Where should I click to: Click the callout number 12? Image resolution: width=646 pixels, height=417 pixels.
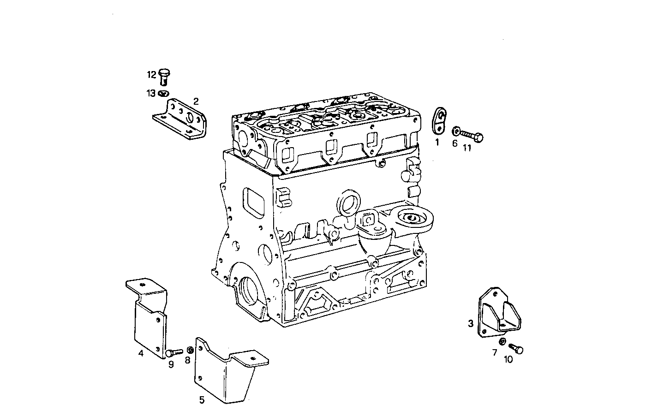point(152,75)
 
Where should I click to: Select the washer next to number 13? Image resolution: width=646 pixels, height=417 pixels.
point(163,93)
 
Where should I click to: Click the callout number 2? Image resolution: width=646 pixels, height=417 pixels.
point(196,101)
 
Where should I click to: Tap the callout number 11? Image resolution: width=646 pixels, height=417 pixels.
point(467,148)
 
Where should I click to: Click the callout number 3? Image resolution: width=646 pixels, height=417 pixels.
point(471,324)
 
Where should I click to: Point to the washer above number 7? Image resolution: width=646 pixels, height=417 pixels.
point(502,342)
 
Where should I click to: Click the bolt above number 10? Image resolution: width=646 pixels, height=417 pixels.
point(517,349)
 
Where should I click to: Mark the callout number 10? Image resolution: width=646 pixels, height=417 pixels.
point(508,360)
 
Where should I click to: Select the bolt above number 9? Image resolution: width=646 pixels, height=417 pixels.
point(173,353)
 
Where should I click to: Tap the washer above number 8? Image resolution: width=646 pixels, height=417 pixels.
point(190,350)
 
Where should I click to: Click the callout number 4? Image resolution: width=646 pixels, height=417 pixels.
point(140,353)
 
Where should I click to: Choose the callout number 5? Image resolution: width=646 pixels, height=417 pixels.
point(202,400)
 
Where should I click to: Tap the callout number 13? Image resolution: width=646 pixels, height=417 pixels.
point(151,94)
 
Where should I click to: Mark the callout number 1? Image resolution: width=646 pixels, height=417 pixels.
point(437,143)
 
